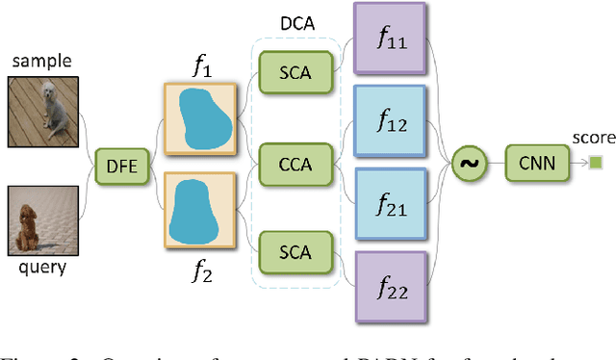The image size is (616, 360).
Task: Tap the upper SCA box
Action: pyautogui.click(x=295, y=73)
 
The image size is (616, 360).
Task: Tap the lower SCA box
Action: pyautogui.click(x=295, y=252)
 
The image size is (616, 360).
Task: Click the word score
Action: pyautogui.click(x=593, y=139)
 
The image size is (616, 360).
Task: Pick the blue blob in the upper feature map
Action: pyautogui.click(x=200, y=117)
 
